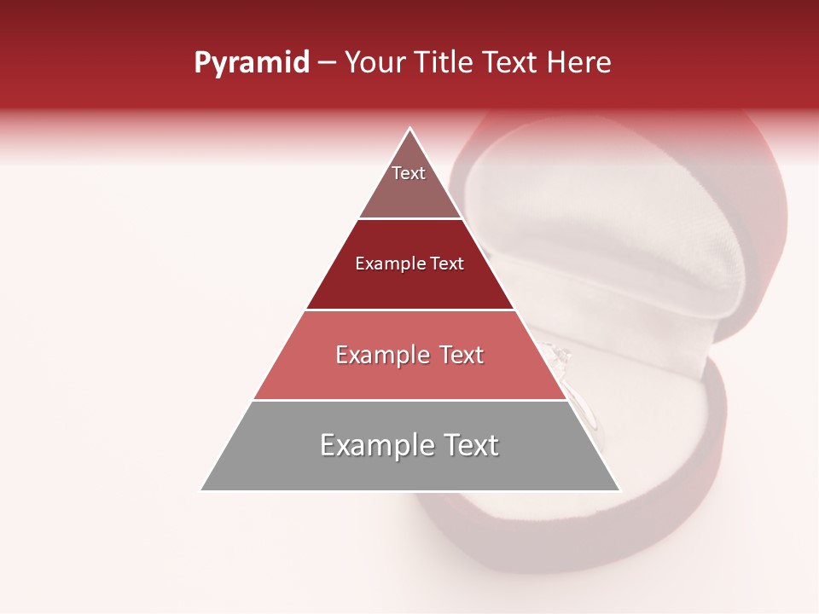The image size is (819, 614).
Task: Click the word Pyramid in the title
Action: pos(252,63)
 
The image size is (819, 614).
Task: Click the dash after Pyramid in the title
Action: pos(327,63)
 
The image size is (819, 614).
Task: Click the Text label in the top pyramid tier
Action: pos(409,173)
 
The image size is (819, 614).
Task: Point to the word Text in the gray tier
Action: pos(468,445)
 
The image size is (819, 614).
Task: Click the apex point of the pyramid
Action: pos(410,129)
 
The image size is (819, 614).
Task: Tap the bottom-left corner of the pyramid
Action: pos(201,489)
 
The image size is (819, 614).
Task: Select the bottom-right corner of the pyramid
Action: pos(619,489)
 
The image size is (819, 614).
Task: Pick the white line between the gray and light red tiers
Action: pos(410,400)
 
